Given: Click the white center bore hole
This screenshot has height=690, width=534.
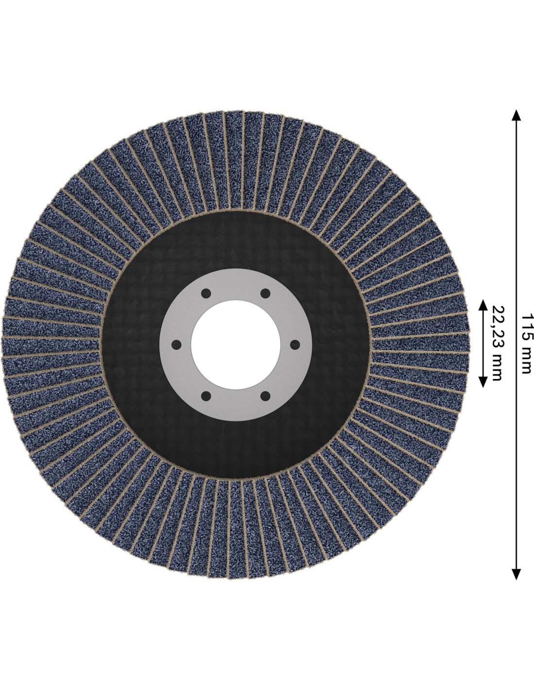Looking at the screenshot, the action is point(235,345).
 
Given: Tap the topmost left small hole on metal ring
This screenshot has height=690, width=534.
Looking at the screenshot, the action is point(206,293).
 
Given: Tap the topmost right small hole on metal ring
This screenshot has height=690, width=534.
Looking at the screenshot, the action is point(265,293).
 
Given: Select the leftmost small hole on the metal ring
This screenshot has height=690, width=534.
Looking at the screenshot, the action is point(176,345).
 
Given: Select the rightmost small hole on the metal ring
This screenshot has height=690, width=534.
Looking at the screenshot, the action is point(295,345).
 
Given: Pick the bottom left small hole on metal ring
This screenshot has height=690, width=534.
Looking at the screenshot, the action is point(206,396).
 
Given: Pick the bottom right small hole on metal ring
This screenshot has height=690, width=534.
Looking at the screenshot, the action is point(265,396).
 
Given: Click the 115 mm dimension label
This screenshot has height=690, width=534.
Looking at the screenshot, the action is point(526,344).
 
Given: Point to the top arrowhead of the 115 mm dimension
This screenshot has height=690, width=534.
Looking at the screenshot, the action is point(516,115).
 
